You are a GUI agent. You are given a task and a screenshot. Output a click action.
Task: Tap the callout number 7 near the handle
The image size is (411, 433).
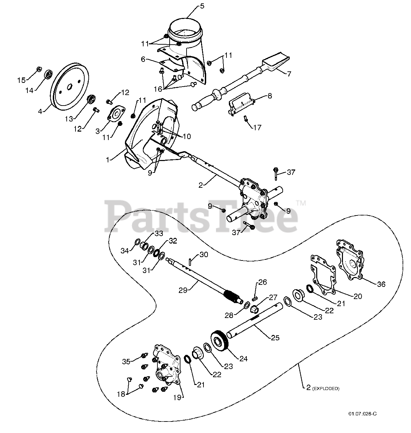pyautogui.click(x=289, y=74)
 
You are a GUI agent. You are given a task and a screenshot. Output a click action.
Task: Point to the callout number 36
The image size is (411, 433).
pyautogui.click(x=381, y=284)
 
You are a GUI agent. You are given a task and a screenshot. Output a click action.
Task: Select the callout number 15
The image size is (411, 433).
pyautogui.click(x=21, y=80)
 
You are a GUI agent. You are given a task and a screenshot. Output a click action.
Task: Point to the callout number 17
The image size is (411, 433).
pyautogui.click(x=257, y=128)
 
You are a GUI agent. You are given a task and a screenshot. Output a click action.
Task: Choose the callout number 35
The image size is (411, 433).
pyautogui.click(x=126, y=361)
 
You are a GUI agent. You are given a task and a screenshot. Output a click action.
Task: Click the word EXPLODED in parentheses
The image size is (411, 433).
pyautogui.click(x=326, y=389)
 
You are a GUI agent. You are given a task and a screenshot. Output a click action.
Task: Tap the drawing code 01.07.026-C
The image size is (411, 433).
pyautogui.click(x=362, y=414)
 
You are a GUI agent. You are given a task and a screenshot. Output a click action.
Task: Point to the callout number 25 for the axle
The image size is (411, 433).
pyautogui.click(x=275, y=337)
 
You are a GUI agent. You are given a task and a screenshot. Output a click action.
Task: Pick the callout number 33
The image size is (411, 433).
pyautogui.click(x=159, y=233)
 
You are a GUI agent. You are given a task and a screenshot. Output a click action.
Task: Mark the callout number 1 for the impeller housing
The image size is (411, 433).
pyautogui.click(x=108, y=159)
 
